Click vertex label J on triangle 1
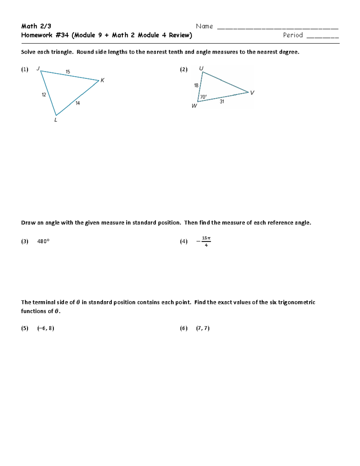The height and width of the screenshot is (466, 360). (38, 68)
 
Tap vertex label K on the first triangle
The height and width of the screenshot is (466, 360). (102, 80)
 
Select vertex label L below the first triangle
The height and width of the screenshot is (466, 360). (55, 120)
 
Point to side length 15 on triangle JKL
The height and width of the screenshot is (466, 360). (68, 72)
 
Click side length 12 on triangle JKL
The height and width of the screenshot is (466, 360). (44, 95)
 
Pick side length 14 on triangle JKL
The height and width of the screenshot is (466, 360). (78, 103)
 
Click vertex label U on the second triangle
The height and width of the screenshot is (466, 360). (201, 69)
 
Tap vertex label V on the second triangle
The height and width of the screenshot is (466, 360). (252, 93)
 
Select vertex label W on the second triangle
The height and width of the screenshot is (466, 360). (194, 106)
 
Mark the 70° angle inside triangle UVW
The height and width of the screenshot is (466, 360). (203, 97)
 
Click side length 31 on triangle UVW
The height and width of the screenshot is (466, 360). (222, 101)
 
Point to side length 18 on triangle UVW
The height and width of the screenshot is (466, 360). (196, 86)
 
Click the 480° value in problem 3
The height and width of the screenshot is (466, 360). (43, 241)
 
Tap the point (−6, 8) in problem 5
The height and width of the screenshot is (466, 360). (46, 328)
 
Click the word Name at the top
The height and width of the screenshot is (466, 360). (204, 26)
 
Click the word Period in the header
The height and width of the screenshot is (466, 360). (293, 35)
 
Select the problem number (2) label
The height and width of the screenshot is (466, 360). (184, 70)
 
